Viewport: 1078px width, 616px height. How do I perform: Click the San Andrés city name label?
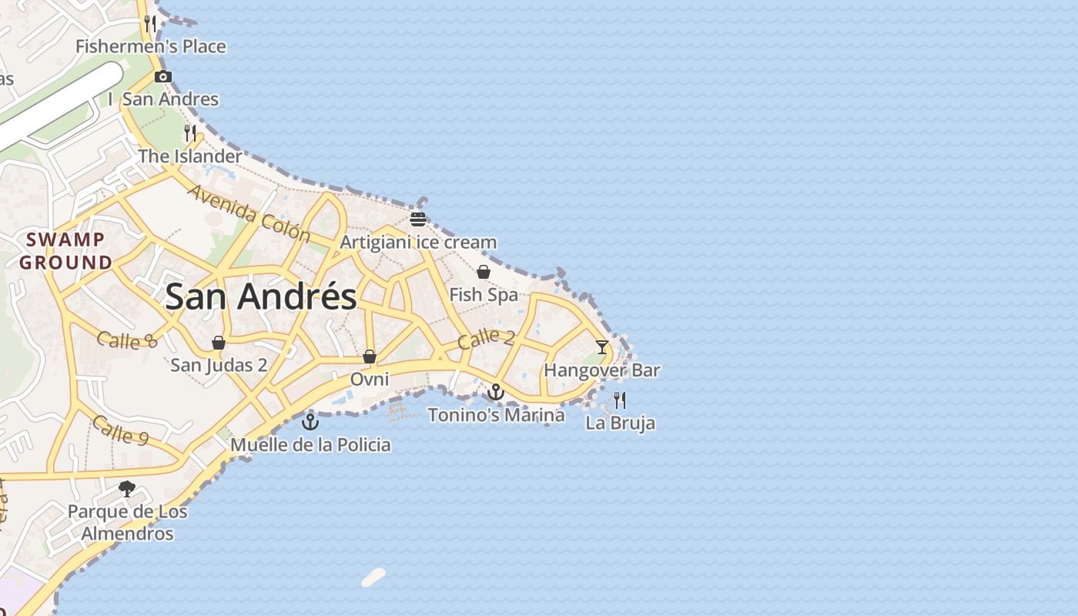pos(261,296)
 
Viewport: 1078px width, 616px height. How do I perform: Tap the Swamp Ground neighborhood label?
pos(66,251)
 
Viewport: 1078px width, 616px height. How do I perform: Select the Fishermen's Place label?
pos(151,47)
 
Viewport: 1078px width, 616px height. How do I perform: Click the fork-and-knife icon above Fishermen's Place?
pos(150,23)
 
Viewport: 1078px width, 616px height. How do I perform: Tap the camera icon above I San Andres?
pos(163,76)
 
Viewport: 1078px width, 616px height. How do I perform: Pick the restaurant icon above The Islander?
pos(190,132)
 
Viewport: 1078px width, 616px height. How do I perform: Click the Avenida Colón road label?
pos(248,213)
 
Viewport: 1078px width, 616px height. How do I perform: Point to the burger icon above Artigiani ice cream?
pos(418,219)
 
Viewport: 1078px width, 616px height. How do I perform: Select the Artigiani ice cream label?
pos(418,243)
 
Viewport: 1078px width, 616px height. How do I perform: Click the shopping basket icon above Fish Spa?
pos(484,272)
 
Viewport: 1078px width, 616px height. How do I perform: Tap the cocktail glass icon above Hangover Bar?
pos(602,347)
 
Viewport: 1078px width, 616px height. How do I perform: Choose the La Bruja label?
pos(621,423)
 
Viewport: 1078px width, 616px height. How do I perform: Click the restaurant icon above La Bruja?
pos(620,400)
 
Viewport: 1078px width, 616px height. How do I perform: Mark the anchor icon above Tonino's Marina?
pos(496,392)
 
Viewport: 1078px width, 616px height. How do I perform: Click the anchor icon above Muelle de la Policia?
pos(310,421)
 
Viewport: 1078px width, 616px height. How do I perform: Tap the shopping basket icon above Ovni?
pos(370,357)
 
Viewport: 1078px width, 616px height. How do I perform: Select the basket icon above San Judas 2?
pos(219,342)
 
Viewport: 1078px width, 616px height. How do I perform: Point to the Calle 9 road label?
pos(121,430)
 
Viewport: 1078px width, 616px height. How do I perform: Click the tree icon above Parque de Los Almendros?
pos(127,488)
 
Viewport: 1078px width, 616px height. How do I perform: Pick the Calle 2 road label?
pos(486,339)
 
